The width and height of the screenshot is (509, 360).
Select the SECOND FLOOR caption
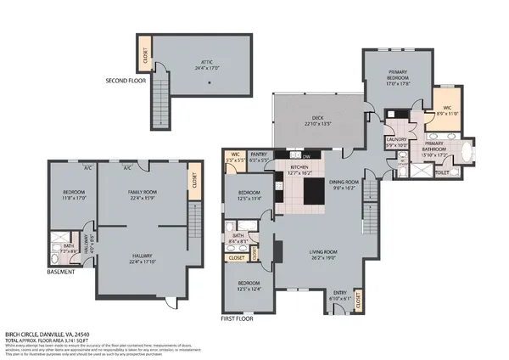[x=125, y=82]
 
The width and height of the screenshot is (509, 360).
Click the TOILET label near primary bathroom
[x=442, y=171]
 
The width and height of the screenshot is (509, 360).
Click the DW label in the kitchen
[x=305, y=157]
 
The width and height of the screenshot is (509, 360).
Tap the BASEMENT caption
[x=61, y=272]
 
